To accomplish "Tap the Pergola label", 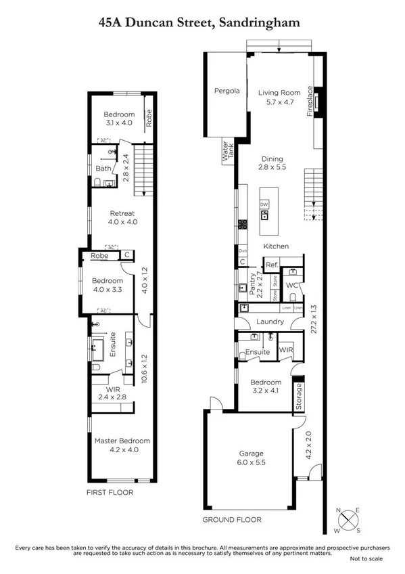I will point(227,91).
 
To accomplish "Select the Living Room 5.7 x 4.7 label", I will point(279,98).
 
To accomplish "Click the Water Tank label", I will point(228,149).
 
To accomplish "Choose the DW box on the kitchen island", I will point(264,204).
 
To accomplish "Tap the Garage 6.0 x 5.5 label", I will point(251,458).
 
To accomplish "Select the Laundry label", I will point(269,322).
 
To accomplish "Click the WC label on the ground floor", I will point(292,286).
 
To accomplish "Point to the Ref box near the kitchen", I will point(271,265).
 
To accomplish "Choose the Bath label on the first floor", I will point(103,169).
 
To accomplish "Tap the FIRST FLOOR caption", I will point(110,492).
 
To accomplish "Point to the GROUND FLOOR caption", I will point(232,520).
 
